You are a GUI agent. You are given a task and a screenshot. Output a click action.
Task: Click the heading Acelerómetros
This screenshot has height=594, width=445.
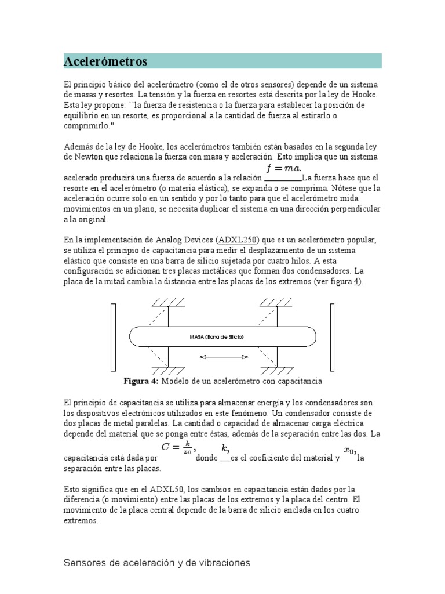(105, 61)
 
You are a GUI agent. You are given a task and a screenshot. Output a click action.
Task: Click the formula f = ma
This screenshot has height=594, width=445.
(284, 169)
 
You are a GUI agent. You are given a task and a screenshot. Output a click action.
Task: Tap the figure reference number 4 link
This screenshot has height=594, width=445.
(357, 281)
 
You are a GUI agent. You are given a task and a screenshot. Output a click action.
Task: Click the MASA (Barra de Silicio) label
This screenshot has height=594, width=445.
(217, 336)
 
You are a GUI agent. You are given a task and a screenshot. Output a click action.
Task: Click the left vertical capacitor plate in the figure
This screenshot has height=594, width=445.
(113, 336)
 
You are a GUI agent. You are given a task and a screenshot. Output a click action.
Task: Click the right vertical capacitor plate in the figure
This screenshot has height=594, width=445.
(333, 336)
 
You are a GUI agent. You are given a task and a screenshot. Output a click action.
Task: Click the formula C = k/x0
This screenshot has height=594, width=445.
(179, 448)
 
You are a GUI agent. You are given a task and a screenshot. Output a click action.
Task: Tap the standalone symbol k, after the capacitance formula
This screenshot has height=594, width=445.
(225, 448)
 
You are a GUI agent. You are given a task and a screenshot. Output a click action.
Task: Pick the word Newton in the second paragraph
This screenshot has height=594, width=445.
(79, 157)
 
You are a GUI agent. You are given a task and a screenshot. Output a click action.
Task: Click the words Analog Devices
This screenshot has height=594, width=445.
(184, 240)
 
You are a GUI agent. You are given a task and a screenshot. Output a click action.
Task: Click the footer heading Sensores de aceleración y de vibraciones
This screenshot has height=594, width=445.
(156, 563)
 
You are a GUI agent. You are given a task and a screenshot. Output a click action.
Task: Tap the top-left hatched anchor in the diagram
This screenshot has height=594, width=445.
(168, 302)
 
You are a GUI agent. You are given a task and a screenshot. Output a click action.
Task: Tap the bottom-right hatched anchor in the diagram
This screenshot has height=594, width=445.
(277, 370)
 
